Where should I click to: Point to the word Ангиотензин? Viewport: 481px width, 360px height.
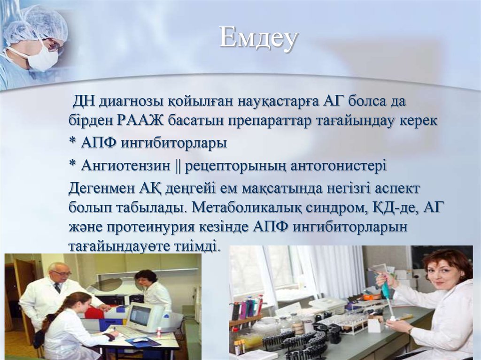125,166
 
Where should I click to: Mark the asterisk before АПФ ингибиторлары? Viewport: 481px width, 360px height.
72,142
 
